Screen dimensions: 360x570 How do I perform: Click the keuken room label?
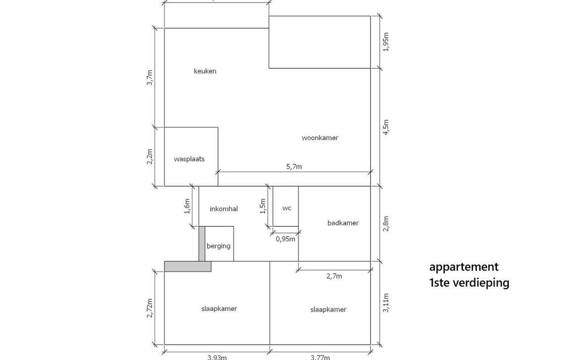(205, 71)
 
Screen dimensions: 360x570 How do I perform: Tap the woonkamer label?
(320, 138)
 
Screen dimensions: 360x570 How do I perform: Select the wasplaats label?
(189, 159)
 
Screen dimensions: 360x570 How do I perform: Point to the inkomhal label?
(224, 209)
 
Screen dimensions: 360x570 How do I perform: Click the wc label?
(286, 208)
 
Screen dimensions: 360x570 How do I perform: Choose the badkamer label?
(343, 223)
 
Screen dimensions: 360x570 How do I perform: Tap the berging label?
(218, 246)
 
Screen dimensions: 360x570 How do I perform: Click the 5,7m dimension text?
(294, 167)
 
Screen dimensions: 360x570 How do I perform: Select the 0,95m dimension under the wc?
(285, 239)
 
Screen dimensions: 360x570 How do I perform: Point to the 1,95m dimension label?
(386, 42)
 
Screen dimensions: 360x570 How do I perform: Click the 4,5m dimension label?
(386, 127)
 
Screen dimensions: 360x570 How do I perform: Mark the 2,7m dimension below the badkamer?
(334, 276)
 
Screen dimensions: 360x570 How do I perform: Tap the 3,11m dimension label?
(386, 303)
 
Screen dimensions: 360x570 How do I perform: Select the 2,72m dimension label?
(150, 308)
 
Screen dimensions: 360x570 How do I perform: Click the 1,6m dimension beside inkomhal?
(187, 206)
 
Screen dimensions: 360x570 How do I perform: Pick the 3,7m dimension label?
(150, 78)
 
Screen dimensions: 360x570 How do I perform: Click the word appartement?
(464, 267)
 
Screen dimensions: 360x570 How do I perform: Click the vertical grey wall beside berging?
(201, 244)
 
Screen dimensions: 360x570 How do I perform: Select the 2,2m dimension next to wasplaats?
(150, 157)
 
